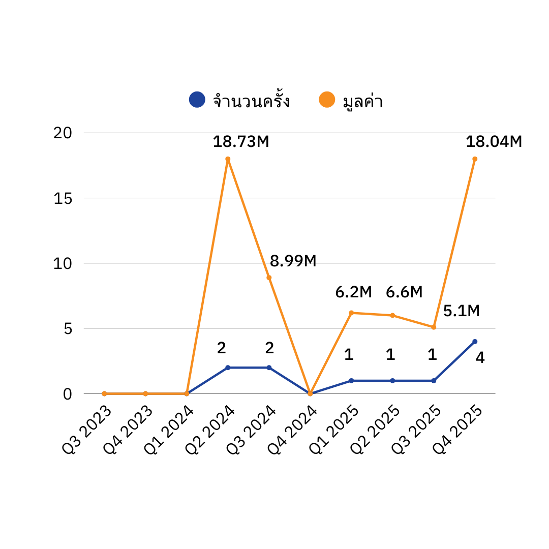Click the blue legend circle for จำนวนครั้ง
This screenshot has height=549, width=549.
click(x=197, y=100)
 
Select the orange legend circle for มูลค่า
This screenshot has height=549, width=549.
click(x=327, y=100)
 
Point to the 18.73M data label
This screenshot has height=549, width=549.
click(x=240, y=142)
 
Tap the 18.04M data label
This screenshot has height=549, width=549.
click(x=494, y=142)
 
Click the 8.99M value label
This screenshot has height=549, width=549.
click(x=293, y=261)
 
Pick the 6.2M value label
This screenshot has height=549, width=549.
click(x=353, y=292)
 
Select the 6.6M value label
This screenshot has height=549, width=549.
click(x=404, y=292)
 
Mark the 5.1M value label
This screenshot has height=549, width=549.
click(x=461, y=311)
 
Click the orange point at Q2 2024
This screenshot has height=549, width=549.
click(x=228, y=159)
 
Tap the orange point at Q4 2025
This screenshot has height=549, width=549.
click(x=475, y=159)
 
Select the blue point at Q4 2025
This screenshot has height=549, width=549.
click(x=475, y=342)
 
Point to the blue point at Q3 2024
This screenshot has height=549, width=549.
click(x=269, y=368)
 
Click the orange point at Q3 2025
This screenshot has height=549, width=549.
click(x=434, y=327)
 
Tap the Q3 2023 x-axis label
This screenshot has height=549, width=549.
click(x=87, y=430)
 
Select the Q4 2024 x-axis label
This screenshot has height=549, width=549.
click(x=293, y=430)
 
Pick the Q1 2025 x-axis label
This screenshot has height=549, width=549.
click(x=334, y=430)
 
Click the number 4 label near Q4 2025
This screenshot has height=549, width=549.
click(x=480, y=358)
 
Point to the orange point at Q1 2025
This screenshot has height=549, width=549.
click(x=351, y=313)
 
